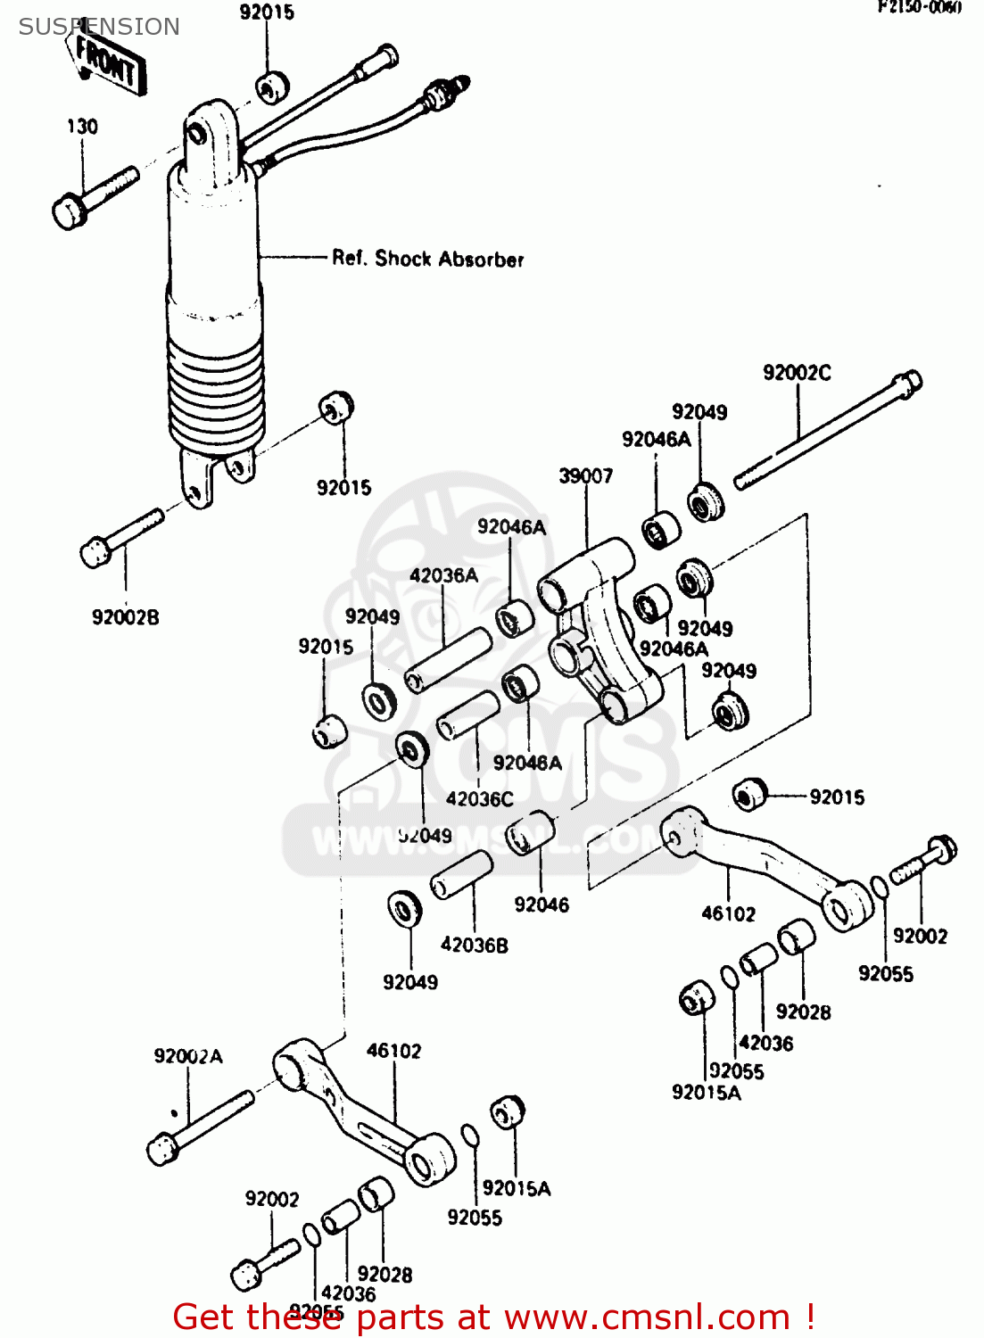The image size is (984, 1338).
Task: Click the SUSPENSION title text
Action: pyautogui.click(x=99, y=27)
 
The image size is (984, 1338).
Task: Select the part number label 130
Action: pyautogui.click(x=82, y=127)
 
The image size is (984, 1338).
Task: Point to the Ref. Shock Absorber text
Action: pyautogui.click(x=427, y=259)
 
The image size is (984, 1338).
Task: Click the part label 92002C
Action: pyautogui.click(x=797, y=373)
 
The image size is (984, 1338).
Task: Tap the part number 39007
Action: pyautogui.click(x=586, y=476)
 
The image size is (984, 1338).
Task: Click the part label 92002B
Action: pyautogui.click(x=126, y=617)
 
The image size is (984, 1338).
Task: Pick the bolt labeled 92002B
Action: pyautogui.click(x=120, y=538)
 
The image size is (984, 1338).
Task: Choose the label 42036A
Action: pyautogui.click(x=443, y=576)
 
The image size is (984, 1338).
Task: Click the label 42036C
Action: pyautogui.click(x=479, y=799)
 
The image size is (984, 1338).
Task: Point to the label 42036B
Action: pyautogui.click(x=474, y=945)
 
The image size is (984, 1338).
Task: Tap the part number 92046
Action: pyautogui.click(x=542, y=904)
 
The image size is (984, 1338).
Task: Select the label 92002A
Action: pyautogui.click(x=188, y=1056)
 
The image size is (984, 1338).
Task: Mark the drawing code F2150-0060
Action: pyautogui.click(x=920, y=8)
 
